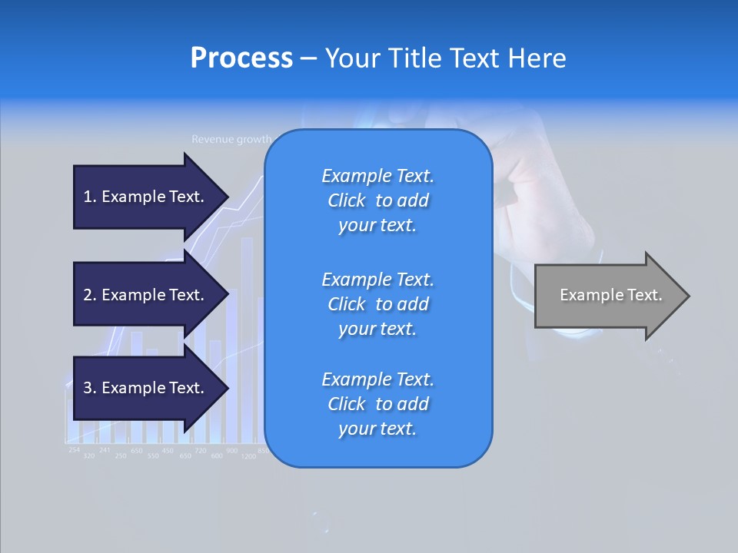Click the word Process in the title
click(241, 58)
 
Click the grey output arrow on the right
click(607, 296)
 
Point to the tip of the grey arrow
click(687, 296)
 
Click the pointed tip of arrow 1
click(227, 197)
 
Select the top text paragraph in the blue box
click(377, 200)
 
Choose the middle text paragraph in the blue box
click(377, 304)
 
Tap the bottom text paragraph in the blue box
click(377, 404)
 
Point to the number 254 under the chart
click(74, 449)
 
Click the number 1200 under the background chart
click(248, 456)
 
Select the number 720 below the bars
click(200, 450)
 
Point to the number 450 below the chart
click(168, 451)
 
